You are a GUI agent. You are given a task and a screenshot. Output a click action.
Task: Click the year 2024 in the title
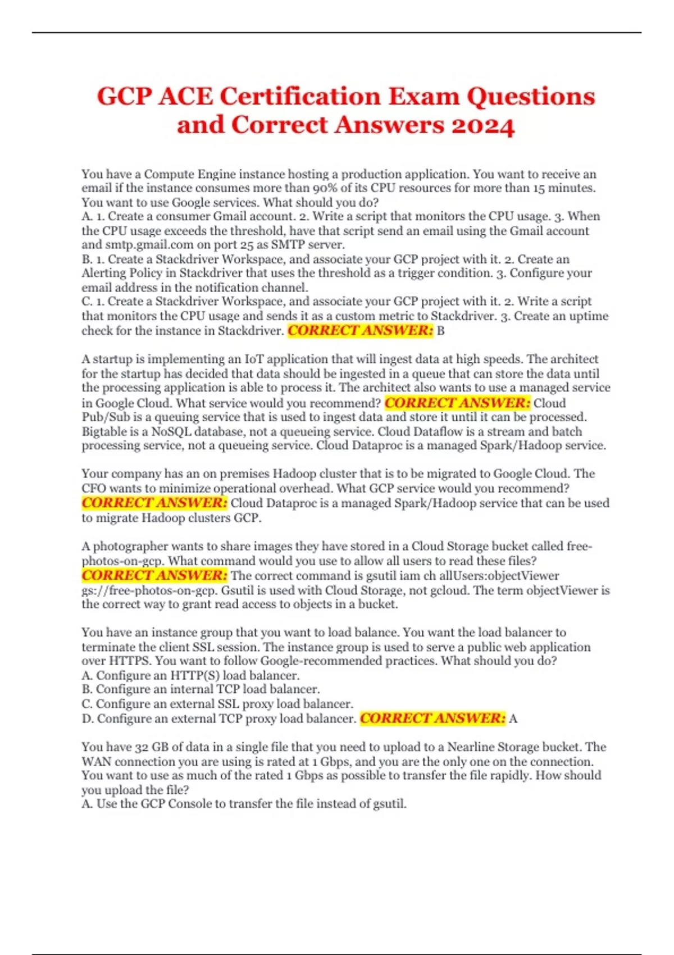coord(483,125)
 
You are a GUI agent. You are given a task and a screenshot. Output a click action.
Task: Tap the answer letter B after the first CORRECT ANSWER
coord(440,331)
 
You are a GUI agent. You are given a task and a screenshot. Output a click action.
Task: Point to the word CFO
coord(94,488)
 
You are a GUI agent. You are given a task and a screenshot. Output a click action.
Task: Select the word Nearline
coord(470,747)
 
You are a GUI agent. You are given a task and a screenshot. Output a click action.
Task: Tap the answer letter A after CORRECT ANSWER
coord(513,718)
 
